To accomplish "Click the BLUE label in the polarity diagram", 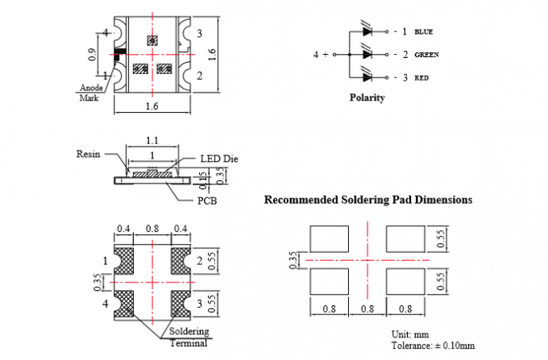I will coord(424,32).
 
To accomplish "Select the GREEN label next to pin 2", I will coord(426,56).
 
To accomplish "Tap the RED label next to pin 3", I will coord(421,77).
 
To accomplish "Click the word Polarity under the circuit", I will coord(367,98).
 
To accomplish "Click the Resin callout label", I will coord(87,153).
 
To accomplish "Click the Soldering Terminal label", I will coord(189,337).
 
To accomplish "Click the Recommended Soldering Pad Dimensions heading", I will coord(368,200).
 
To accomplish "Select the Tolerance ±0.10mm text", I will coord(427,346).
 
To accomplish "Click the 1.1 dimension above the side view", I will coord(152,140).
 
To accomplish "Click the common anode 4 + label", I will coord(321,55).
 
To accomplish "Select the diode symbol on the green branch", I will coord(368,55).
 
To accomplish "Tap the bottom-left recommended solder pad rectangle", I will coord(329,283).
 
